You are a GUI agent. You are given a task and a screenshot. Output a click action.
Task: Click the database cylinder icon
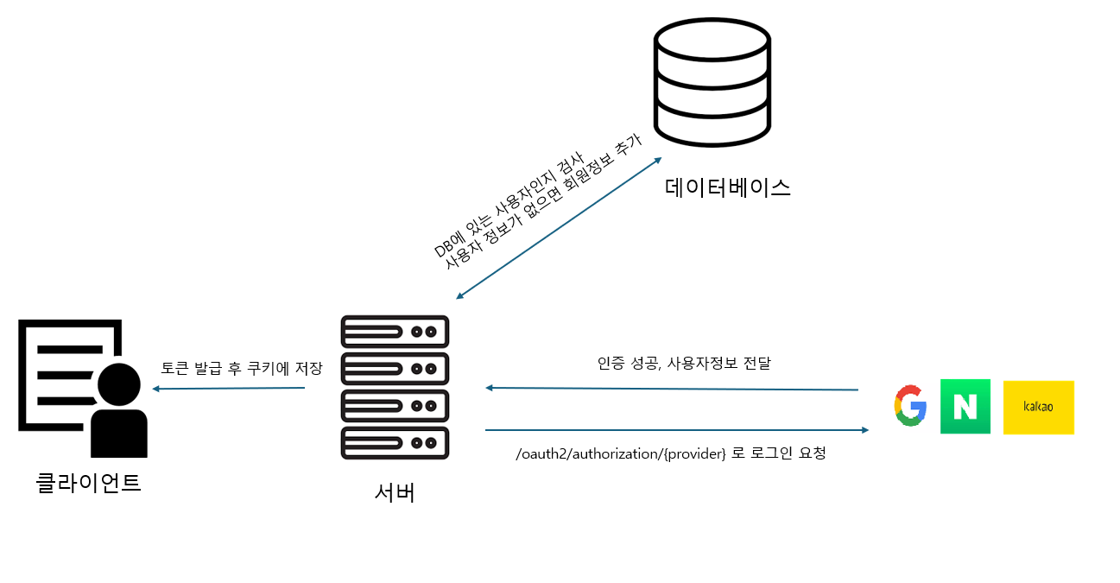point(712,83)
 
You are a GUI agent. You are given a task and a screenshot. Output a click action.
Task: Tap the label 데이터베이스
point(728,187)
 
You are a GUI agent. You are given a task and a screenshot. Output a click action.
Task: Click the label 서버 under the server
point(395,491)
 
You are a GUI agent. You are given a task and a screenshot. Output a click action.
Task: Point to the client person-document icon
point(83,388)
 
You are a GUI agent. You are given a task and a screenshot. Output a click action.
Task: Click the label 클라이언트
point(89,481)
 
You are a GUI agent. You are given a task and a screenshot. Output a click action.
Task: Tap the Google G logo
point(909,406)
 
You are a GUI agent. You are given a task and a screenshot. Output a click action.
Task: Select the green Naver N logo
point(965,406)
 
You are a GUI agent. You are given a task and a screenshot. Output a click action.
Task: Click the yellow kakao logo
point(1038,407)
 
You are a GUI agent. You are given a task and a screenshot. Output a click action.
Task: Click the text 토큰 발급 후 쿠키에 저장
point(241,369)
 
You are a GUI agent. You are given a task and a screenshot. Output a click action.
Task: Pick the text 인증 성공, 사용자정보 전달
point(683,364)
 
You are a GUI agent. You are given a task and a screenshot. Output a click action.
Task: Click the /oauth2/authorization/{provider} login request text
point(670,453)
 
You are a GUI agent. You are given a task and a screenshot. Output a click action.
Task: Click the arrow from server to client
point(229,389)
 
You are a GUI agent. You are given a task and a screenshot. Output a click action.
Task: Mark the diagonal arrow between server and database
point(559,229)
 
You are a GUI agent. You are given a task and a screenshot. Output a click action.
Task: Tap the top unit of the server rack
point(395,332)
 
